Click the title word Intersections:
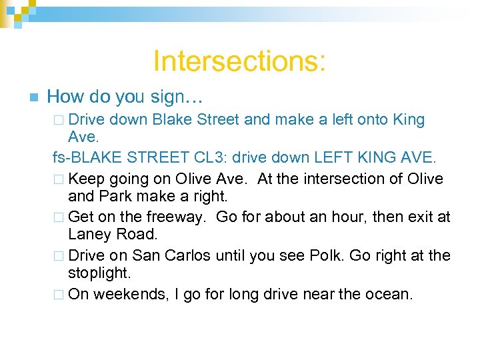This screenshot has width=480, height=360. [239, 61]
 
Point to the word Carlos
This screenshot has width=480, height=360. [189, 255]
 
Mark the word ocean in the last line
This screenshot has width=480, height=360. [389, 294]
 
